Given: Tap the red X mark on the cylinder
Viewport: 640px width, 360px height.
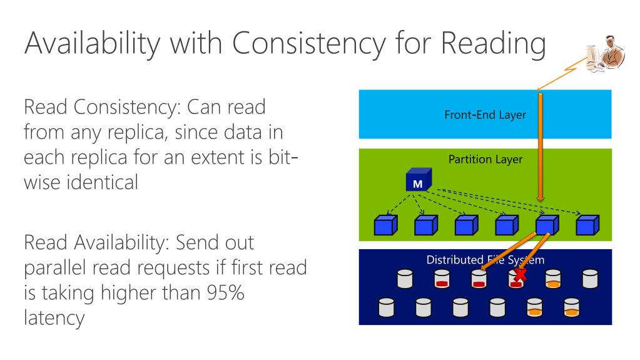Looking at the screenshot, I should [x=519, y=275].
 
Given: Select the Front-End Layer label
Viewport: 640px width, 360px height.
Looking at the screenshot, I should [x=485, y=115].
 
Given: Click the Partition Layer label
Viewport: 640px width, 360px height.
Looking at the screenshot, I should [x=485, y=159].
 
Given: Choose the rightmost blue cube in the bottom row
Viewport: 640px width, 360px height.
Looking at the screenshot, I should [x=587, y=224].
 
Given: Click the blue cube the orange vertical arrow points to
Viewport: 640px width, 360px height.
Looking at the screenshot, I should [x=546, y=224].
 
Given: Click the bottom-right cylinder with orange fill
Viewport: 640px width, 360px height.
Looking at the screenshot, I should [x=571, y=307].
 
